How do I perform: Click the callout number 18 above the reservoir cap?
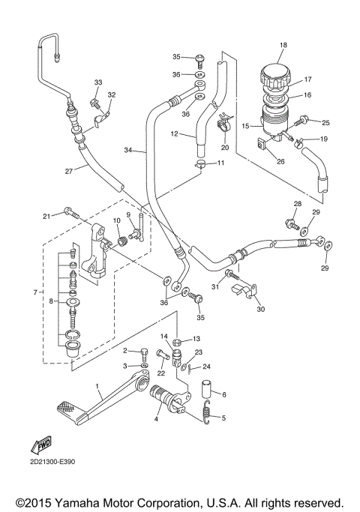283,46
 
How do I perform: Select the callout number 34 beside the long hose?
128,151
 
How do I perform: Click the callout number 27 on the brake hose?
68,171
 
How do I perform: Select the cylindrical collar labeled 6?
209,392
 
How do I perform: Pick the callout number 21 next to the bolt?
46,216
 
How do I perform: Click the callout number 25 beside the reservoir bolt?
325,122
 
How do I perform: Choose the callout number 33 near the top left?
97,82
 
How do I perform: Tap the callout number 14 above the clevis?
164,336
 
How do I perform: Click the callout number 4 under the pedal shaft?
156,419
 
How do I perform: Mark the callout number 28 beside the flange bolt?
297,204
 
